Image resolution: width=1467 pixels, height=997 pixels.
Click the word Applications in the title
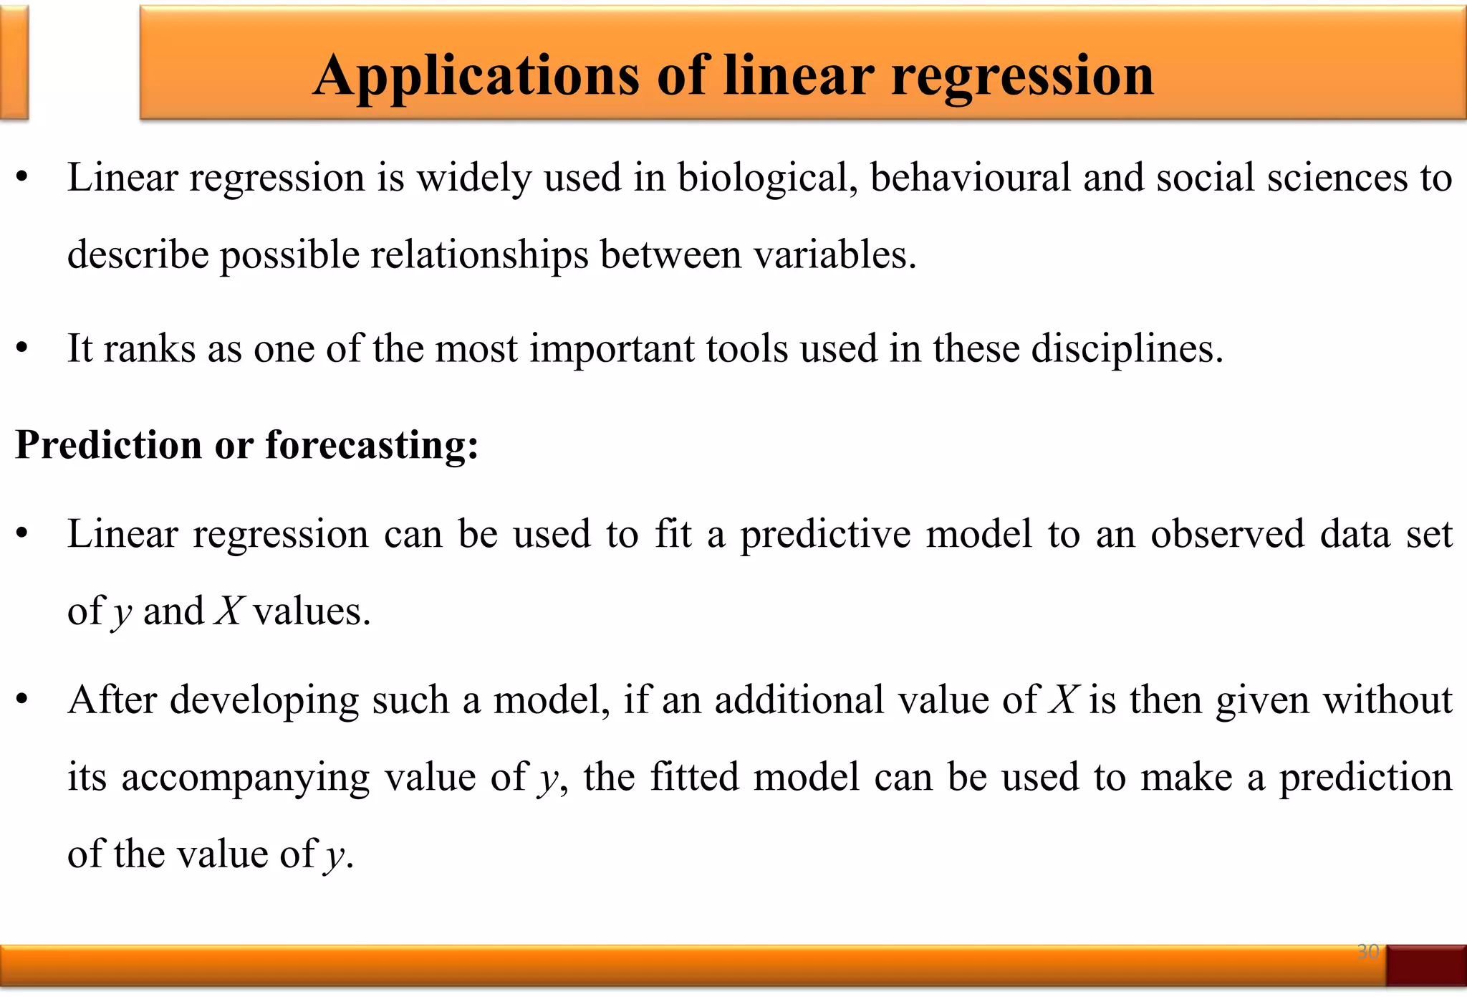point(476,76)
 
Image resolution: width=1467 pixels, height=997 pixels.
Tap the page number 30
point(1367,951)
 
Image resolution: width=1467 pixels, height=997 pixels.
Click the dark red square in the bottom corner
point(1426,965)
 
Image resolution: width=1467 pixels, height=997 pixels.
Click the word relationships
point(479,255)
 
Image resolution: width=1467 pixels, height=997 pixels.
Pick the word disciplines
point(1126,350)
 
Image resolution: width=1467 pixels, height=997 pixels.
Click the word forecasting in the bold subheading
point(371,444)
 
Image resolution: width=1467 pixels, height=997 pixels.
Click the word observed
point(1227,534)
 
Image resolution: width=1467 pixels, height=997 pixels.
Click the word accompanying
point(245,778)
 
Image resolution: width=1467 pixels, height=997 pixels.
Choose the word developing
point(264,701)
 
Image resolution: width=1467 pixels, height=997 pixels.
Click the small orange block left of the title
point(14,62)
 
